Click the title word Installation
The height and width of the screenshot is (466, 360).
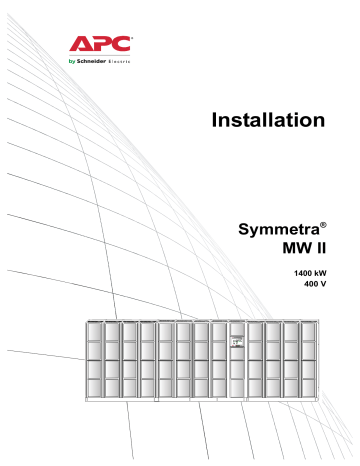269,121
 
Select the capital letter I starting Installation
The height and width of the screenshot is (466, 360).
216,121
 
